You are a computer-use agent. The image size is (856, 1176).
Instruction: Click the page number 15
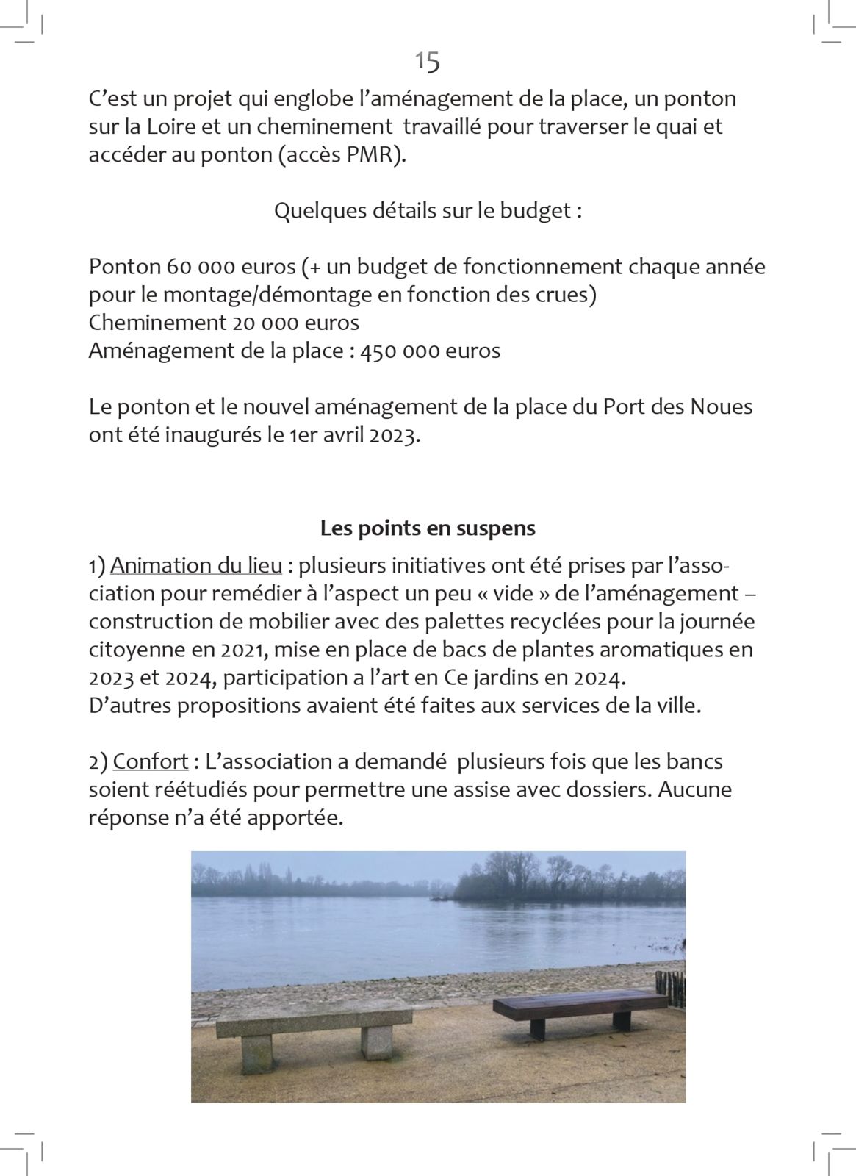(x=428, y=62)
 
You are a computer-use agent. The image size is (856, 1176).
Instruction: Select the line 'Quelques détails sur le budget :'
(x=428, y=211)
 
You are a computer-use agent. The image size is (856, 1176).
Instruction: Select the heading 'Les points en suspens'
(x=428, y=528)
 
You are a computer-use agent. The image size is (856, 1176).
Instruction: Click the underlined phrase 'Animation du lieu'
(x=196, y=566)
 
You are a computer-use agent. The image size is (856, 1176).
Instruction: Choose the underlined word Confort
(x=151, y=761)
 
